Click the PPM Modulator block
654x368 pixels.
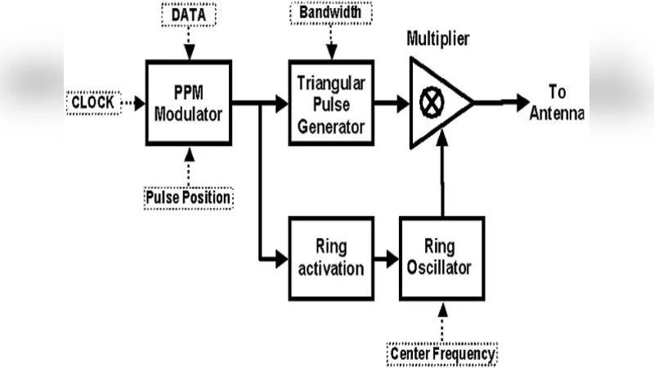pos(189,103)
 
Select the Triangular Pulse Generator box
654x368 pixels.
pos(331,103)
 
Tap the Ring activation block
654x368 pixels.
pos(331,258)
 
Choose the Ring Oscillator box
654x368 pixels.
pos(441,258)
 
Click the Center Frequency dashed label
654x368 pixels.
pos(442,354)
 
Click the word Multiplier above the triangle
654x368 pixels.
pos(441,39)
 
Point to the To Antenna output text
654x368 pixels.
pos(556,102)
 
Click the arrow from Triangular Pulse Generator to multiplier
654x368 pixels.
pos(392,103)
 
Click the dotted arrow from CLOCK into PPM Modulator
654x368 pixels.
pos(133,103)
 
